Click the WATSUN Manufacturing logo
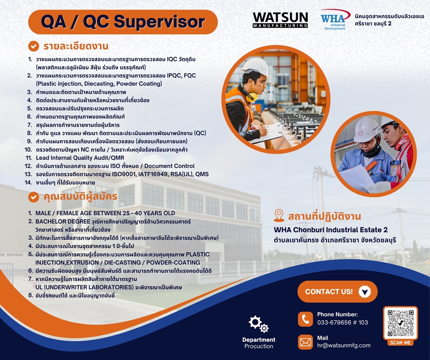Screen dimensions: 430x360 (x=280, y=20)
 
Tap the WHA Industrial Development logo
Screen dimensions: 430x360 (x=335, y=20)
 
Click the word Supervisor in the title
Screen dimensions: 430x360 (x=159, y=22)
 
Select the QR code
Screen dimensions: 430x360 (x=400, y=323)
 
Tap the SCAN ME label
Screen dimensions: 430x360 (x=400, y=342)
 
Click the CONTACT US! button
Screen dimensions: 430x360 (x=337, y=292)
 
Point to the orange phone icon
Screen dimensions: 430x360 (x=305, y=319)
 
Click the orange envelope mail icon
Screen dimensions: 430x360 (x=305, y=342)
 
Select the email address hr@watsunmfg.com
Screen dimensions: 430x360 (x=344, y=346)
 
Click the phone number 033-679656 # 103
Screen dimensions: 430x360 (x=343, y=322)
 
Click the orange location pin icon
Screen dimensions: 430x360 (x=279, y=216)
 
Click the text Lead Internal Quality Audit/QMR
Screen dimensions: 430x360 (x=80, y=158)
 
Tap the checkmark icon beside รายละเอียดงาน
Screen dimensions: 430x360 (x=33, y=46)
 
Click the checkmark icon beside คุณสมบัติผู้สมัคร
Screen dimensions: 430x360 (x=33, y=197)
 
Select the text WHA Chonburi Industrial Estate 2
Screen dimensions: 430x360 (x=331, y=230)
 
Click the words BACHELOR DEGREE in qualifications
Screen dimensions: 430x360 (x=63, y=222)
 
